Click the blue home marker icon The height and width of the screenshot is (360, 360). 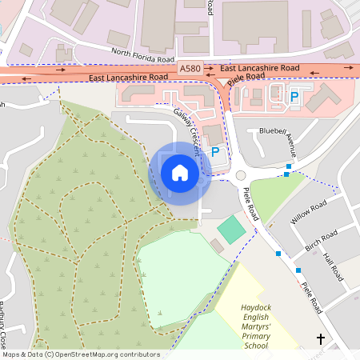(x=180, y=173)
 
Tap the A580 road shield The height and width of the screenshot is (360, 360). (x=191, y=70)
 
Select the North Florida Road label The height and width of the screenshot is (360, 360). (x=142, y=56)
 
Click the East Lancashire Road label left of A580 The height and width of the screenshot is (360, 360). (x=128, y=77)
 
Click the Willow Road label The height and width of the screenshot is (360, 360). (x=309, y=213)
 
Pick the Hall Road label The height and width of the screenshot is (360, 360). (x=333, y=267)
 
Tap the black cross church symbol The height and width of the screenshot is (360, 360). (x=322, y=338)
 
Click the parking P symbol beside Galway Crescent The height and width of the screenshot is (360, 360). (x=214, y=151)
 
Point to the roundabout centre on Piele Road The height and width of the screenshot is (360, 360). (x=240, y=175)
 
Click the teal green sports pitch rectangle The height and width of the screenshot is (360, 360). (x=231, y=230)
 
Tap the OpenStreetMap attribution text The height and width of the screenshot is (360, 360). (x=80, y=354)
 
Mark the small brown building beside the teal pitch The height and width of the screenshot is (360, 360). (x=218, y=246)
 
